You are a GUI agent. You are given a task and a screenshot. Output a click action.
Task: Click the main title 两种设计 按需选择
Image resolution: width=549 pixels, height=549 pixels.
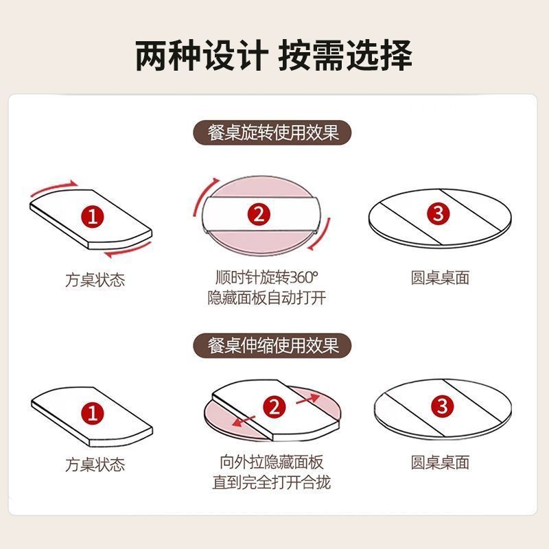pos(273,56)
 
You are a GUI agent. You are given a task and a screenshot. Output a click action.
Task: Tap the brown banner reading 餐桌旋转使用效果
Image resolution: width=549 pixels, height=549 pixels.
pos(272,132)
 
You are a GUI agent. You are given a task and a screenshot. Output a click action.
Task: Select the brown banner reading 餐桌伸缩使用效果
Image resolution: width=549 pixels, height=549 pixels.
pos(272,346)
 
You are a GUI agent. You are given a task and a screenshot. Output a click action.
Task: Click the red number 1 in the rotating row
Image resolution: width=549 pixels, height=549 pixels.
pos(93,216)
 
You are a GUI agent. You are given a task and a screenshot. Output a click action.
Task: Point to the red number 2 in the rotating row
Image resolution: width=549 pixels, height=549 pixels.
pos(259,214)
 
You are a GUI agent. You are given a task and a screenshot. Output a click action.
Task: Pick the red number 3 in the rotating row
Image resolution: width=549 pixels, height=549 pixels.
pos(439,213)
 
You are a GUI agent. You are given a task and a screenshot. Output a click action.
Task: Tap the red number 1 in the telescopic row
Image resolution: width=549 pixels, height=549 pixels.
pos(93,413)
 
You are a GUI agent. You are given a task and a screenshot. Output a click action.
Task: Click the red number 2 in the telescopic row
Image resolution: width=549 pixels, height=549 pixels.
pos(274,407)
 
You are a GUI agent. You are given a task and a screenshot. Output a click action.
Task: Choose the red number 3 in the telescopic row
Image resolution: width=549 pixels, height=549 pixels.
pos(443,406)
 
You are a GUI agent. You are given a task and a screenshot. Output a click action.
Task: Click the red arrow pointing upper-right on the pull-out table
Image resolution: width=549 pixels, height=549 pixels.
pos(308,399)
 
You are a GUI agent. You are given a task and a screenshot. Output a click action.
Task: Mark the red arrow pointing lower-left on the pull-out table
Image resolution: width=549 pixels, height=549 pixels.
pos(244,421)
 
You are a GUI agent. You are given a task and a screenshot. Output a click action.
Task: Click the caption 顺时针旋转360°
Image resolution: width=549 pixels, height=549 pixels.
pos(267,278)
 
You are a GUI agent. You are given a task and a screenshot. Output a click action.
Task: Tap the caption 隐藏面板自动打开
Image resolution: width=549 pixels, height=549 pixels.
pos(267,298)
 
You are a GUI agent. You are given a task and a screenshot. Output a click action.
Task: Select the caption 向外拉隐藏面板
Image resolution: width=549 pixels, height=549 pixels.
pos(272,462)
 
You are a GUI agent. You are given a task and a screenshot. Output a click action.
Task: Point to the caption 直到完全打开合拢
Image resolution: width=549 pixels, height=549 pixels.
pos(272,482)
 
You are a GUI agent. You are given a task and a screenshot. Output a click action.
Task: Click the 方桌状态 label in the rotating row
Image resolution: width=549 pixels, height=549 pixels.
pos(95,280)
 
